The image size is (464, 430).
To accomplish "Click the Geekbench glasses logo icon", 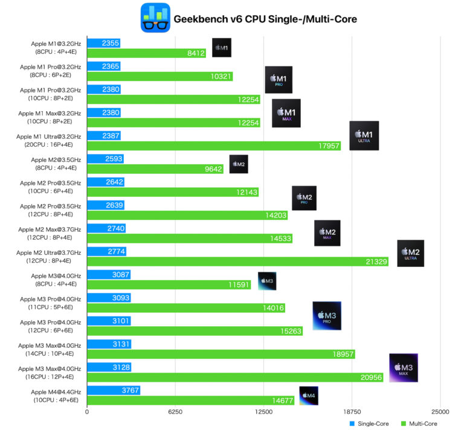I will tap(155, 18).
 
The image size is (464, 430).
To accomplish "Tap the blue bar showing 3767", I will tap(114, 390).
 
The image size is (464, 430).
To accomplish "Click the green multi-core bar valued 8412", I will tap(147, 53).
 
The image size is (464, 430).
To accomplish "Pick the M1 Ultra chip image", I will tap(364, 135).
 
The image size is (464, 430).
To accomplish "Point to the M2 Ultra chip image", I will tap(410, 253).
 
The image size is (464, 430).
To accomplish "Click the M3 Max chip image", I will tap(404, 368).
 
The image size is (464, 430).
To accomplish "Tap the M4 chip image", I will tap(308, 396).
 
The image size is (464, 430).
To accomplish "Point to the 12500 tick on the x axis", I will tap(264, 412).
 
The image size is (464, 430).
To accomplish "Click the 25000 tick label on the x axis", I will tap(440, 412).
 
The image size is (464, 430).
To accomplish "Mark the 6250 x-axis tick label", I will tap(175, 412).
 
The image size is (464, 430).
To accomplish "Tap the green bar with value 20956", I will tap(227, 377).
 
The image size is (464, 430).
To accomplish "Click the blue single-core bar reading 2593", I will tap(105, 159).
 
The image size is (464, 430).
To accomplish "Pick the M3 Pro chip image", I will tap(327, 315).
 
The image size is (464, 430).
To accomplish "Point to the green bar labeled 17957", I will tap(214, 146).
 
